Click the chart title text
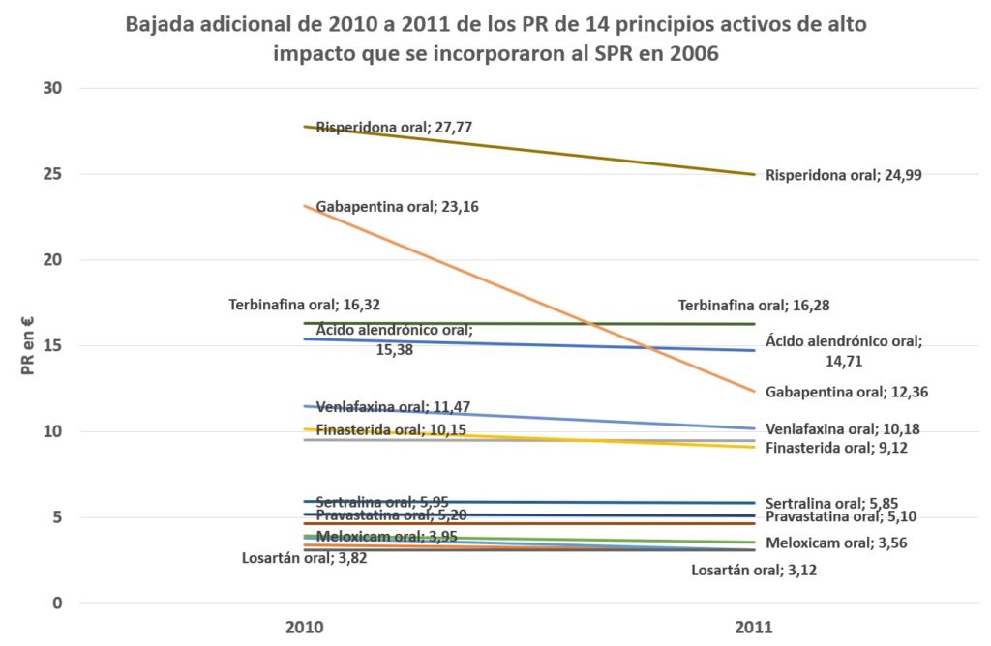495,39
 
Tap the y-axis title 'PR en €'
28,344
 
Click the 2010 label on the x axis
304,627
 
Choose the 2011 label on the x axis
754,627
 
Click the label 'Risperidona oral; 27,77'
394,127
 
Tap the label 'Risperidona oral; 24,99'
851,175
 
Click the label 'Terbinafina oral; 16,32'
304,305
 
